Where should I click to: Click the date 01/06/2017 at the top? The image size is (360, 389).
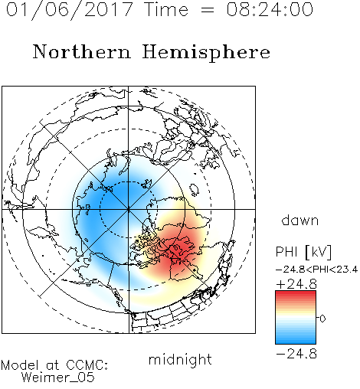click(69, 10)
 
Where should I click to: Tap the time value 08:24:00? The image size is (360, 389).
click(270, 10)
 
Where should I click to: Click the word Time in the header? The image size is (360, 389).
click(166, 10)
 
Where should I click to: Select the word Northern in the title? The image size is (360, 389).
click(82, 51)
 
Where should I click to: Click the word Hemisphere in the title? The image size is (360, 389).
click(206, 53)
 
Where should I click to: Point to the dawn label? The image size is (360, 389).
click(299, 220)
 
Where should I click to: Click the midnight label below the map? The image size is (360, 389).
click(180, 359)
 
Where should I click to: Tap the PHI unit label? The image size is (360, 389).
click(286, 252)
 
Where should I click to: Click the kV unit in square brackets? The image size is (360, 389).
click(319, 252)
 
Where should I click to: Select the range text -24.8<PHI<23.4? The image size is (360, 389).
click(316, 270)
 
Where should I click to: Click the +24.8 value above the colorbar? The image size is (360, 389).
click(296, 284)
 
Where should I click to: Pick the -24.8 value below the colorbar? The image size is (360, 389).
click(296, 354)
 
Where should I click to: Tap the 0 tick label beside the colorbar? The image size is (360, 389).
click(322, 319)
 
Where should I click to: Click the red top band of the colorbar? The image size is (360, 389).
click(296, 295)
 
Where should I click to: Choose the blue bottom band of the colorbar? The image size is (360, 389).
click(296, 340)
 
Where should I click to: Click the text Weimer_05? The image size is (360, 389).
click(57, 378)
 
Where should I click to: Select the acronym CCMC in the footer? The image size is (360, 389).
click(87, 365)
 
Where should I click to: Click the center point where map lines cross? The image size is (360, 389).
click(128, 209)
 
